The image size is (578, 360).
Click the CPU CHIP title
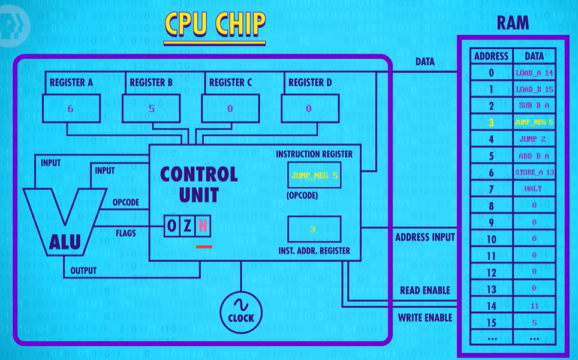(x=215, y=24)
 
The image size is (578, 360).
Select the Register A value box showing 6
(x=71, y=109)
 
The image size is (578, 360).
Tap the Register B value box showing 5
(x=151, y=109)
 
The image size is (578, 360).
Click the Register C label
(x=230, y=83)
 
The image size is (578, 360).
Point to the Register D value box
(x=310, y=109)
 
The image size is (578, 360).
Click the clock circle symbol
(x=241, y=313)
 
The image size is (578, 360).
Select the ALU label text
(x=65, y=242)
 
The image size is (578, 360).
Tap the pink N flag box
(x=203, y=226)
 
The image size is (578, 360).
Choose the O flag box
(x=171, y=226)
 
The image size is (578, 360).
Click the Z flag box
(x=187, y=226)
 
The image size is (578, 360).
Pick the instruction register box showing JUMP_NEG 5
(x=314, y=175)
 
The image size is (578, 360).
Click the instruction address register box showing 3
(x=314, y=229)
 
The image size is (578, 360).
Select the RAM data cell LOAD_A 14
(x=534, y=73)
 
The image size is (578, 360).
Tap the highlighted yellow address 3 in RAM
(x=492, y=123)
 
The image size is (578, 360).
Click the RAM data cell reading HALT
(x=534, y=189)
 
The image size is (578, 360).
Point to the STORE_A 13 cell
(x=534, y=172)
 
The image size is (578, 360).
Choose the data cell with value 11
(x=534, y=306)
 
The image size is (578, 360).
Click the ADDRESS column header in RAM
(x=492, y=56)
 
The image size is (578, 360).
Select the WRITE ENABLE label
(x=425, y=317)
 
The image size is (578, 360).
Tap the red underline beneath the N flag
(x=204, y=247)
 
